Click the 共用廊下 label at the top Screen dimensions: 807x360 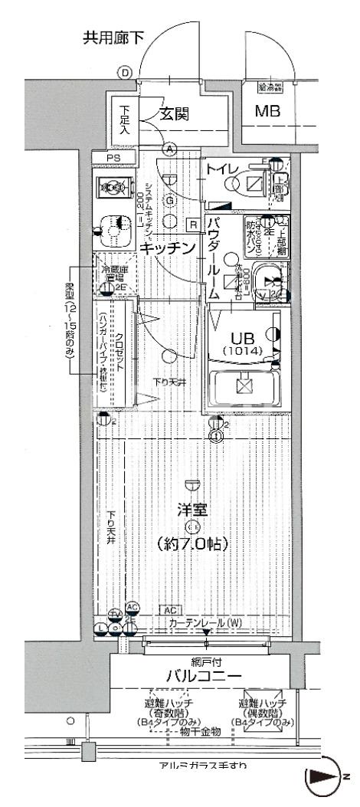pyautogui.click(x=113, y=38)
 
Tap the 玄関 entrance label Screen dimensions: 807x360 pyautogui.click(x=175, y=115)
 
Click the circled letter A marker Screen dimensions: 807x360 pyautogui.click(x=169, y=149)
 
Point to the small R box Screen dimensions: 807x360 pyautogui.click(x=193, y=224)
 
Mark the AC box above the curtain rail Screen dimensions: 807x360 pyautogui.click(x=170, y=610)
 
